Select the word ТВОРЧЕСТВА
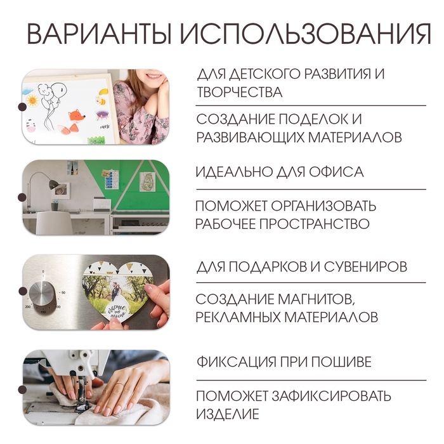tap(239, 93)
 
